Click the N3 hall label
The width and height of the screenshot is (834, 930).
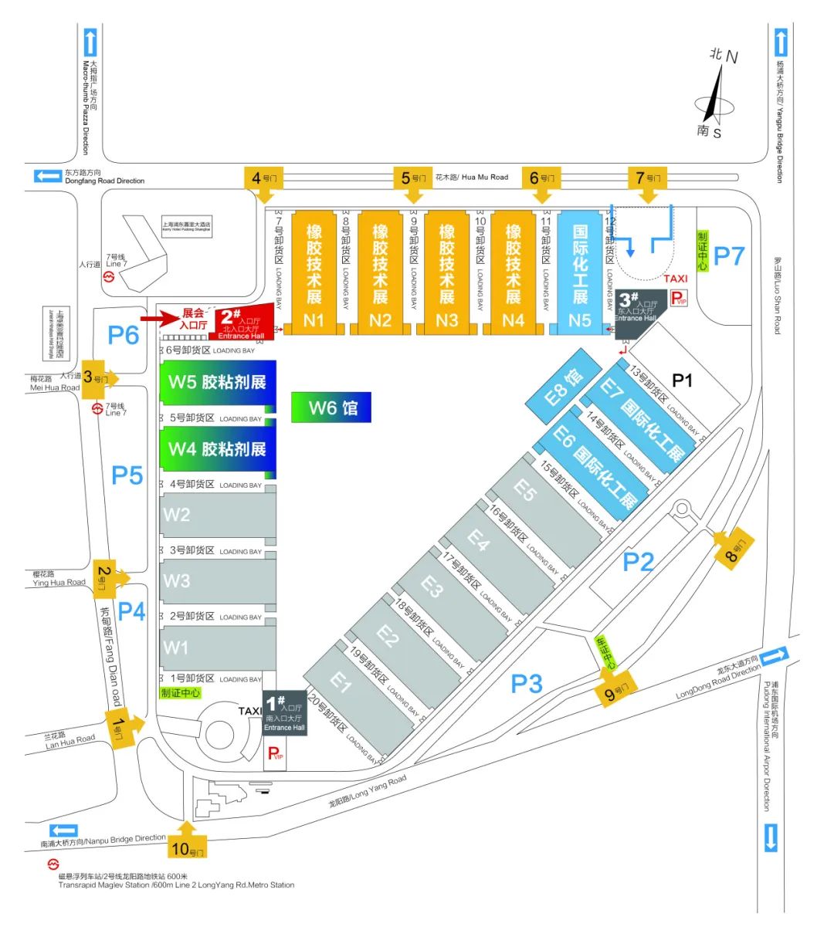[x=447, y=320]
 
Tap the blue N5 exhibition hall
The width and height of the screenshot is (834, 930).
[x=579, y=270]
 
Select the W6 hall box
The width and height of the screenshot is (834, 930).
[x=331, y=407]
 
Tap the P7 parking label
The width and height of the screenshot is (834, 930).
[x=728, y=255]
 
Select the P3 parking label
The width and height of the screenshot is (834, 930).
[x=527, y=683]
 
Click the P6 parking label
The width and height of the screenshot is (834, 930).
[x=123, y=335]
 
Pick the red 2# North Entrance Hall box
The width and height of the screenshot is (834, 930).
[x=241, y=322]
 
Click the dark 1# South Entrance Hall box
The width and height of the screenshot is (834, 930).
[x=284, y=712]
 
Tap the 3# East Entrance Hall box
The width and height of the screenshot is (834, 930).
[x=636, y=314]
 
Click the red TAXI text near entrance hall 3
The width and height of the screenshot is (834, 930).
[x=675, y=279]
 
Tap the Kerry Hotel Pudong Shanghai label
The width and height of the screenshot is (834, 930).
[x=186, y=227]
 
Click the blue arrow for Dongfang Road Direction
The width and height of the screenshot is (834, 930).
[x=48, y=176]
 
